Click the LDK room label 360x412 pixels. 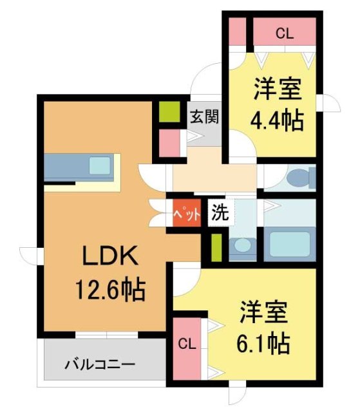[x=109, y=257]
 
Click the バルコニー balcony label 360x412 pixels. [x=100, y=365]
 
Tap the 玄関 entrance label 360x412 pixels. [x=205, y=117]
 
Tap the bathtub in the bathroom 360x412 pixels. [x=289, y=244]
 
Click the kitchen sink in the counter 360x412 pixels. [x=100, y=165]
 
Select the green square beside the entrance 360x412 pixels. [x=169, y=112]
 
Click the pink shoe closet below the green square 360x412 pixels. [x=169, y=142]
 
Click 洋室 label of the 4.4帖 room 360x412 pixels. [x=278, y=89]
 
